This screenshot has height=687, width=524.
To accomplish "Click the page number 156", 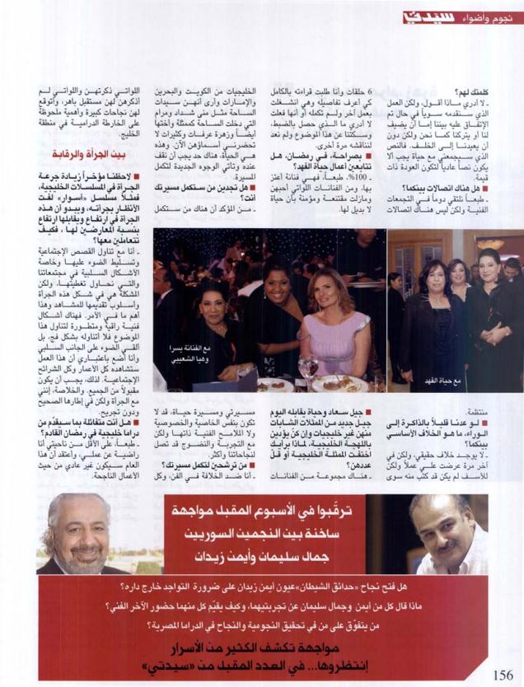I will (x=502, y=674).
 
